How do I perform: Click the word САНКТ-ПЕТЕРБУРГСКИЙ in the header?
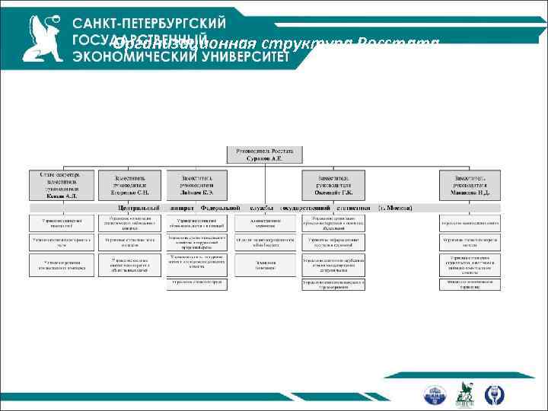click(x=150, y=22)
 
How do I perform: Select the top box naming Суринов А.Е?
click(x=264, y=155)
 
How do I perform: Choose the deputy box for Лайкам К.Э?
click(x=197, y=185)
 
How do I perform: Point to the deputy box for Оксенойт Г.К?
click(x=333, y=185)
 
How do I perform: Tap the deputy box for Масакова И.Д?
click(x=469, y=185)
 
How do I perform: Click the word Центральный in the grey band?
click(x=138, y=207)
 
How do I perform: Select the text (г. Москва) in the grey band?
click(x=395, y=207)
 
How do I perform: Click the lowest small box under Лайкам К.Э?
click(x=197, y=282)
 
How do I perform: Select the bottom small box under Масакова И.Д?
click(x=469, y=284)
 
